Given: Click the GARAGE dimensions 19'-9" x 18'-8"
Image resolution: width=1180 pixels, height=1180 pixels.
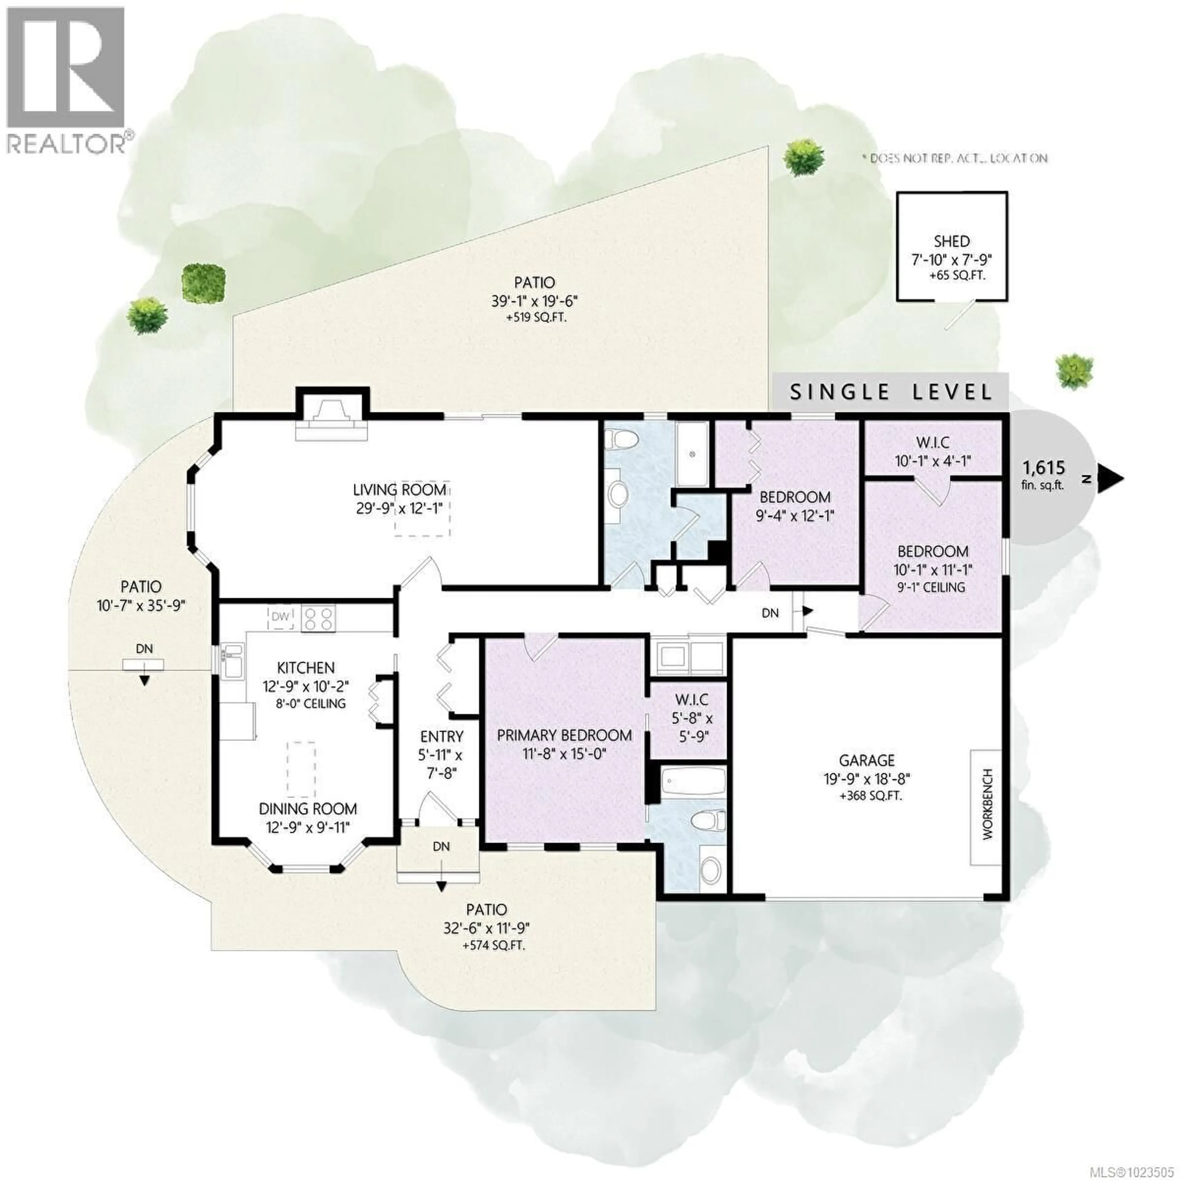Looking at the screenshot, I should [867, 779].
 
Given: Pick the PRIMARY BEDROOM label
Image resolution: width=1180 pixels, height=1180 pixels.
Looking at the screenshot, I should [564, 735].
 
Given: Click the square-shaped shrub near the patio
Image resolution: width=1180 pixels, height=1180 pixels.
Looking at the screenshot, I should [205, 282].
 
